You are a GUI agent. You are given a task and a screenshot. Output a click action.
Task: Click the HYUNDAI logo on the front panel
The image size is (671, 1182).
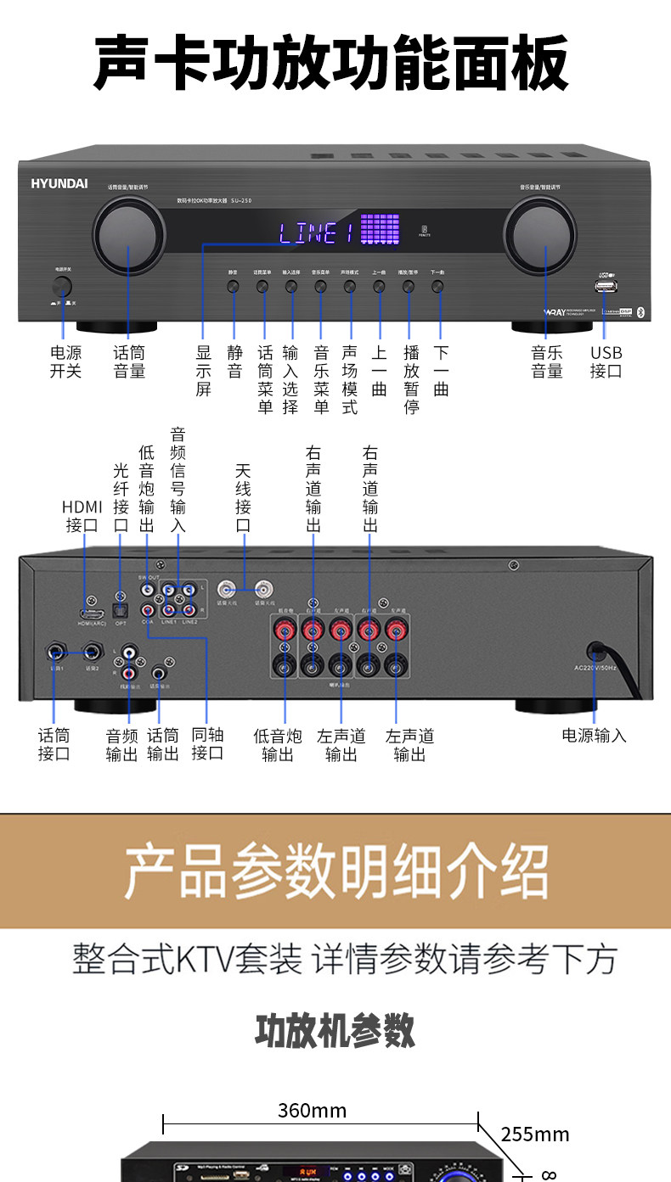[x=59, y=182]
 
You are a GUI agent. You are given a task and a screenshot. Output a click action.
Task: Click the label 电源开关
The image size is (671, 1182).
[x=65, y=362]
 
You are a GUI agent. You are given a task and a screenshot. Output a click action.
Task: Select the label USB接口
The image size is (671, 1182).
[x=606, y=362]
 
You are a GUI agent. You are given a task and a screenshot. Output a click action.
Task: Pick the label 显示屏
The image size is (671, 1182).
[x=204, y=371]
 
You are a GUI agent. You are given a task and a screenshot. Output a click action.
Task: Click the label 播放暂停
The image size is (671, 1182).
[x=411, y=379]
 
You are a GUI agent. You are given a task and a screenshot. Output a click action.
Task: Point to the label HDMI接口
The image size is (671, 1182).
[x=82, y=516]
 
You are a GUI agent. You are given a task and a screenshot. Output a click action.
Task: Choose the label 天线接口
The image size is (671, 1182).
[x=244, y=498]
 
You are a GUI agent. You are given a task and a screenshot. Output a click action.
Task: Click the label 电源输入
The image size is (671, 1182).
[x=595, y=736]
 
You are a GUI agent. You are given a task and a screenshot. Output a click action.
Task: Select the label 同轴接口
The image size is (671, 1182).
[x=208, y=744]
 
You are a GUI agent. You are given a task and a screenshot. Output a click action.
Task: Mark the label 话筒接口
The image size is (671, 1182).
[x=54, y=744]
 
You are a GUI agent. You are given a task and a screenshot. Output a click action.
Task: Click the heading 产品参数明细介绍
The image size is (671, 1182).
[x=335, y=871]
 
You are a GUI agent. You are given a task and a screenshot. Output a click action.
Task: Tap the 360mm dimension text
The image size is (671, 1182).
[x=312, y=1111]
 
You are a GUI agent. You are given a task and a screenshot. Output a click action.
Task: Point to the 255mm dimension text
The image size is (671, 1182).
[x=535, y=1134]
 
